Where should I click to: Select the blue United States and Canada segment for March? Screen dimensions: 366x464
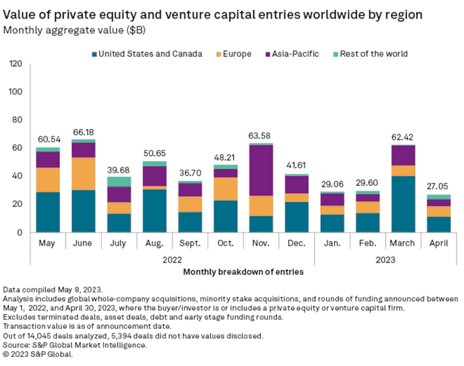[403, 204]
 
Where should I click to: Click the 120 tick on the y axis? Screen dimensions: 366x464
[15, 64]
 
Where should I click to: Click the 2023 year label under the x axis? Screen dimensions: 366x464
[385, 259]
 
